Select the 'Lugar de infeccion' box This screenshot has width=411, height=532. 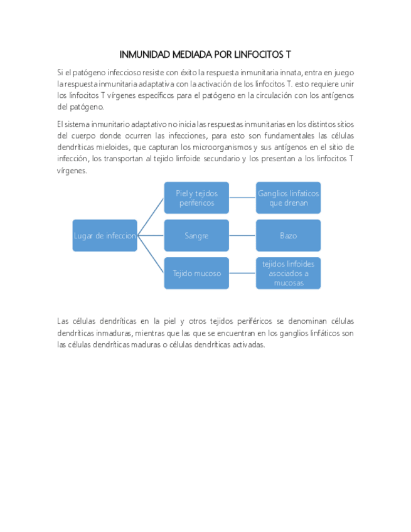point(105,235)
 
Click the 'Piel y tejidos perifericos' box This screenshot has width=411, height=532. point(196,198)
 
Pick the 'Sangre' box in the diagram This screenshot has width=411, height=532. point(196,235)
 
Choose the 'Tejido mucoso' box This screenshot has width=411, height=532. point(196,273)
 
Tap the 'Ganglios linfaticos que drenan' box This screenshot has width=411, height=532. point(288,198)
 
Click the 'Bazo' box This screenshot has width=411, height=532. point(288,235)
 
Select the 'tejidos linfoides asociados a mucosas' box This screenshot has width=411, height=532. point(288,273)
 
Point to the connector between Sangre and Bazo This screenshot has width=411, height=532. point(242,235)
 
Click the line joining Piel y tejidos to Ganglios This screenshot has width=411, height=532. point(242,198)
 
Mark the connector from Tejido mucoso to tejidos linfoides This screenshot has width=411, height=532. point(242,273)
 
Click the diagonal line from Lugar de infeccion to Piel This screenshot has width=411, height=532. point(151,216)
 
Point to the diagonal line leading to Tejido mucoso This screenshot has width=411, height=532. point(151,254)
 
